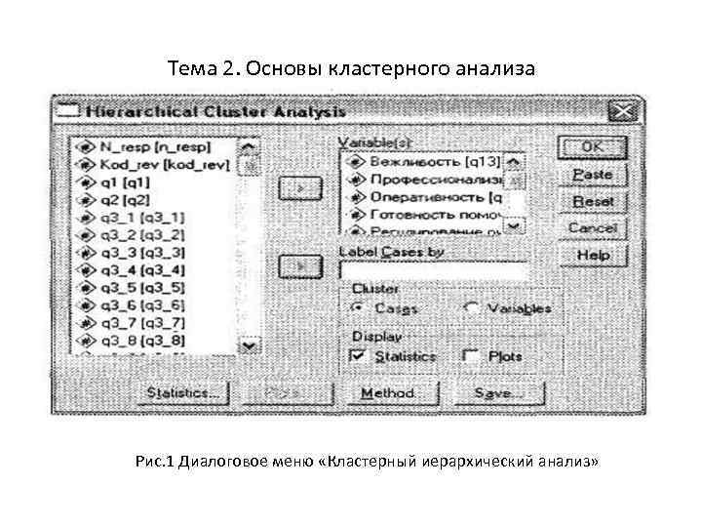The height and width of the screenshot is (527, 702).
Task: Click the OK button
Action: pyautogui.click(x=592, y=148)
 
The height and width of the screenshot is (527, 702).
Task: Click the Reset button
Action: pyautogui.click(x=592, y=200)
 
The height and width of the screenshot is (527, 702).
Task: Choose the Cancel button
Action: pyautogui.click(x=592, y=227)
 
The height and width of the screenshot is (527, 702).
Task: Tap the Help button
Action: pyautogui.click(x=592, y=255)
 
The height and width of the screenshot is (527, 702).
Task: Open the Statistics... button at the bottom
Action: pyautogui.click(x=182, y=392)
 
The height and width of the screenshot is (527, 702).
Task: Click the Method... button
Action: pyautogui.click(x=388, y=392)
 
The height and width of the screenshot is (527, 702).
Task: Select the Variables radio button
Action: pyautogui.click(x=472, y=308)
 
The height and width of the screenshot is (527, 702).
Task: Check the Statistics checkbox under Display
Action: pyautogui.click(x=357, y=356)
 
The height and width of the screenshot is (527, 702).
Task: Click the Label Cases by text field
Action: pyautogui.click(x=433, y=269)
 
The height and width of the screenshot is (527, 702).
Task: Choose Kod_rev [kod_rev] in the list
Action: pyautogui.click(x=162, y=164)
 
